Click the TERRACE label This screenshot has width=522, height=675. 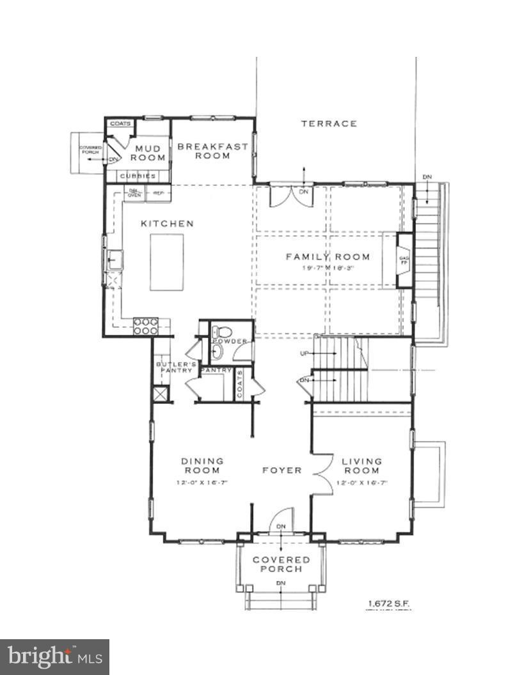point(329,123)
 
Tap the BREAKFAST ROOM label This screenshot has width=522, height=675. point(212,151)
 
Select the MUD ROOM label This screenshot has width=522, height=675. point(148,153)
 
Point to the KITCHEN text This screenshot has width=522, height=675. point(167,224)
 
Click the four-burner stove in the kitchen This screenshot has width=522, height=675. point(145,326)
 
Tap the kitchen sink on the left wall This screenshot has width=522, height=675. point(115,260)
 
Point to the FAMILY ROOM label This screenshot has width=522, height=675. point(328,257)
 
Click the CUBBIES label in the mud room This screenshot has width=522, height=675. point(139,176)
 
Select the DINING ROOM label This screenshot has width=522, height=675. point(202,465)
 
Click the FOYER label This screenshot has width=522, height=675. point(282,470)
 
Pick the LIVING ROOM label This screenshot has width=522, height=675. point(361,465)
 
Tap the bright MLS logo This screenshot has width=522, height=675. point(54,656)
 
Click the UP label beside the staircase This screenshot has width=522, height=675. point(304,353)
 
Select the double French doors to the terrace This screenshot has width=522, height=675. point(291,196)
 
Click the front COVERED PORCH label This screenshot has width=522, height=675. point(281,564)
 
